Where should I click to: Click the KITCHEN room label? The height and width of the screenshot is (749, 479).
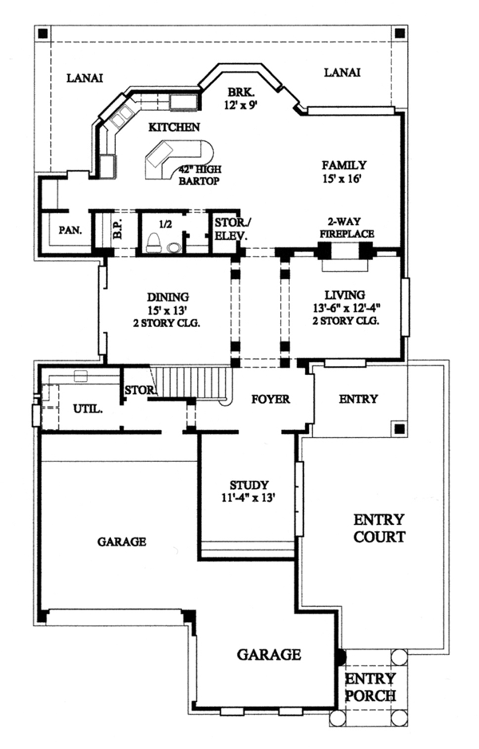tap(174, 127)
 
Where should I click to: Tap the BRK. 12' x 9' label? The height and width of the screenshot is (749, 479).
tap(241, 98)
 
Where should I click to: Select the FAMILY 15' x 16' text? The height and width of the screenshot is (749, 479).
tap(344, 172)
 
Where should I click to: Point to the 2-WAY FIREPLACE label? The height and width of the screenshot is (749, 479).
tap(346, 227)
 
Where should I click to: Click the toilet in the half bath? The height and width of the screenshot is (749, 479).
tap(154, 242)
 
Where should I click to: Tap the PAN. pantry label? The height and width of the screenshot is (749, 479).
tap(70, 231)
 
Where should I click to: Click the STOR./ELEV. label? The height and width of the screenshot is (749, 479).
tap(231, 229)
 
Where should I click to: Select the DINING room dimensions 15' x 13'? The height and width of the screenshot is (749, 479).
tap(167, 310)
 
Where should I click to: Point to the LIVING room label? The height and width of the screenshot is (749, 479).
tap(345, 295)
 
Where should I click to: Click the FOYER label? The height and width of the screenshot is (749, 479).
tap(271, 399)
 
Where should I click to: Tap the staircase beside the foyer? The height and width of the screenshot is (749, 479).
tap(192, 381)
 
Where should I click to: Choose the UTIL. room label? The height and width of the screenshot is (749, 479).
tap(88, 409)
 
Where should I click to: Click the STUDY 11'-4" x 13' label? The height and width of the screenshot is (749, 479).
tap(248, 491)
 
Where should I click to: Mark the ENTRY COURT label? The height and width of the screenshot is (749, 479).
tap(379, 528)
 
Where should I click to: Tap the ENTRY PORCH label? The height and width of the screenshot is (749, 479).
tap(370, 687)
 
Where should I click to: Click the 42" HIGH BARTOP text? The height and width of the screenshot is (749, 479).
tap(200, 175)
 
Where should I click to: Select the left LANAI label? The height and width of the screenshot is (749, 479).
tap(85, 78)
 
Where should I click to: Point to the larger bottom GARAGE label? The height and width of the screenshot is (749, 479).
tap(269, 654)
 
